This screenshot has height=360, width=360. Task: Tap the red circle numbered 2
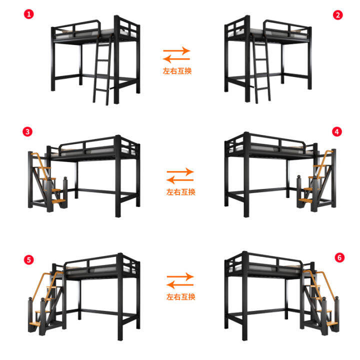338,14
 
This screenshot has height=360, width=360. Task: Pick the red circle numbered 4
337,131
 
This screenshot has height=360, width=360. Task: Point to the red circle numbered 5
28,259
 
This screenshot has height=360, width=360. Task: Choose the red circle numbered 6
339,257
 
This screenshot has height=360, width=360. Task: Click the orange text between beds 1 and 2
177,71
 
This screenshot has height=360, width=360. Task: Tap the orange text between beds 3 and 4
180,191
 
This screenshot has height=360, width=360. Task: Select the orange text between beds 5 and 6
180,296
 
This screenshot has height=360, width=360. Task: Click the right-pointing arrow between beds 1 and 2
176,50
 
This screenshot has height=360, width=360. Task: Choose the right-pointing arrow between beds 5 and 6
180,276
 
